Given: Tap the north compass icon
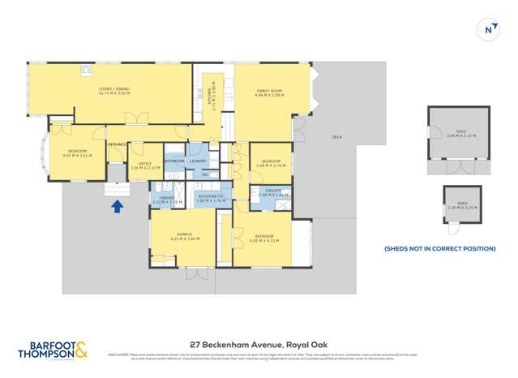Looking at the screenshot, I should (x=488, y=30).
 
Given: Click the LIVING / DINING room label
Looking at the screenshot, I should (x=113, y=91).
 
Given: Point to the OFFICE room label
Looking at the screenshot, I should (x=145, y=165).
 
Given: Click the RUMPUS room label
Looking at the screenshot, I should (x=185, y=236).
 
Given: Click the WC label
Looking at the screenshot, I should (x=205, y=174).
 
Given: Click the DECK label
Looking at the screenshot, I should (x=336, y=137).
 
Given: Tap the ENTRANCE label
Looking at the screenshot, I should (x=117, y=144).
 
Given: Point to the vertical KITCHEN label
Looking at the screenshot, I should (x=208, y=98).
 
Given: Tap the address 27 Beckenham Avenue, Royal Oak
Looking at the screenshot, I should (x=259, y=343).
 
